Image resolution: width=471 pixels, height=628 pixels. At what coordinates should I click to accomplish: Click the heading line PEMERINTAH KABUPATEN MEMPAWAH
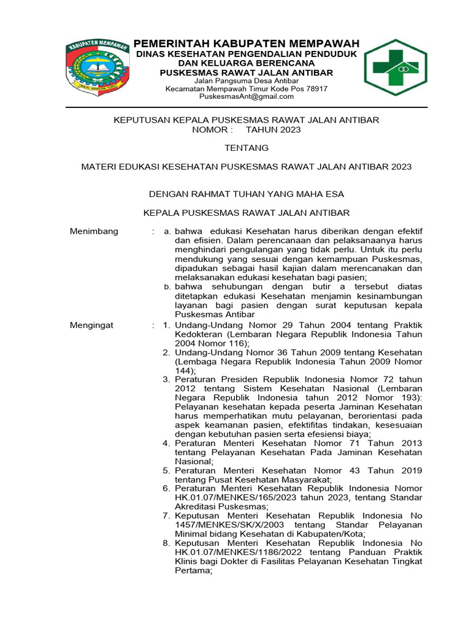(247, 44)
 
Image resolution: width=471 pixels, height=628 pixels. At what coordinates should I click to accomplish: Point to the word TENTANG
(247, 148)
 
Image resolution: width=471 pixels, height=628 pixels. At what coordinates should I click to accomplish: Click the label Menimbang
(94, 231)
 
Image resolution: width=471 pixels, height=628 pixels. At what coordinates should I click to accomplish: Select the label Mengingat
(92, 325)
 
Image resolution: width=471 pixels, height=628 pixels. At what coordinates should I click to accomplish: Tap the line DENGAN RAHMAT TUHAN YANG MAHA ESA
(247, 194)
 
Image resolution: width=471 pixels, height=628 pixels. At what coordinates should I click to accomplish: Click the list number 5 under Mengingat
(166, 470)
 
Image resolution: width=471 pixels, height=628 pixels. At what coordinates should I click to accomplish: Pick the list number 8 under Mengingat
(166, 543)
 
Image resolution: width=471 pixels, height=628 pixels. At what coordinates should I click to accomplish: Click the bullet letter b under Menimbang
(167, 286)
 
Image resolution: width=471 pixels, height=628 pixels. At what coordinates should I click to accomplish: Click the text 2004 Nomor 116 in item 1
(209, 343)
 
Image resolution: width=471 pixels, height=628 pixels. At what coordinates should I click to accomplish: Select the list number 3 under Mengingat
(166, 380)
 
